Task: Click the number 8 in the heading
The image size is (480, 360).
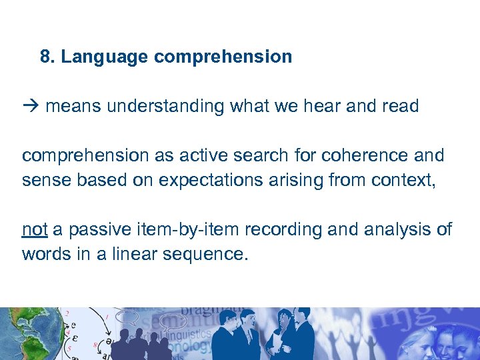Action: (x=45, y=57)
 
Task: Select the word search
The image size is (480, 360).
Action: (x=253, y=155)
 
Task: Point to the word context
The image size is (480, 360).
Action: (x=397, y=180)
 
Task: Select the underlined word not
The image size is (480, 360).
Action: (x=34, y=229)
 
